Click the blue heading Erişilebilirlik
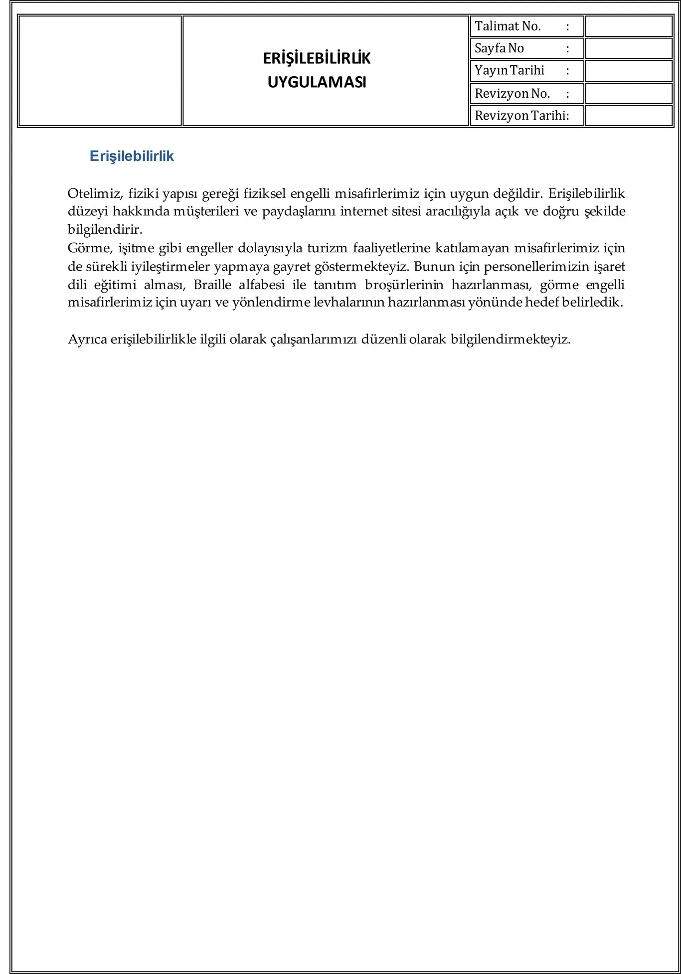point(132,156)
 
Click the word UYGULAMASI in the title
point(317,82)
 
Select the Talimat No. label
point(508,26)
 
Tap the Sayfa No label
point(499,48)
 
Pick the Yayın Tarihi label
point(509,70)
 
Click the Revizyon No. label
point(512,93)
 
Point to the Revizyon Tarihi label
point(521,116)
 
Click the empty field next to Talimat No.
point(628,26)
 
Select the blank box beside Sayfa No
point(628,48)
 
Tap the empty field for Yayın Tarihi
point(628,71)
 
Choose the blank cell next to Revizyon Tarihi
point(628,116)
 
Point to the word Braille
point(212,285)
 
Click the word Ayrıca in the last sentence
point(87,339)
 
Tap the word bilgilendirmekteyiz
point(511,339)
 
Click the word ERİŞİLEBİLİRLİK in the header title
point(317,59)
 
